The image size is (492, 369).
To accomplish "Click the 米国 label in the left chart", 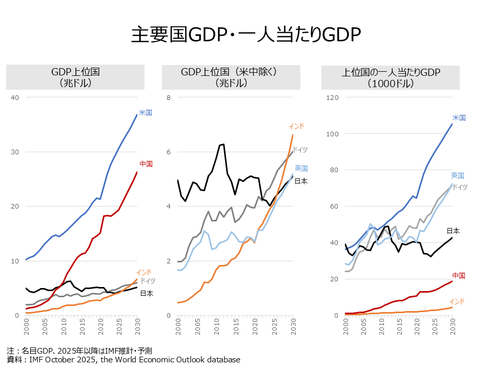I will tap(146, 112).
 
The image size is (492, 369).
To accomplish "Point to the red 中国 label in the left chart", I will tap(146, 164).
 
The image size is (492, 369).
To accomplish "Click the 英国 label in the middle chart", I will tap(301, 168).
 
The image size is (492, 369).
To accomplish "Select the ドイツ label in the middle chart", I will tap(300, 149).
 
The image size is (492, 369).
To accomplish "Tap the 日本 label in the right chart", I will tap(453, 231).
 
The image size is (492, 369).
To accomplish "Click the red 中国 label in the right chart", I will tap(458, 275).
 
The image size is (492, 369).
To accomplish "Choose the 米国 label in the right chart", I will tap(459, 117).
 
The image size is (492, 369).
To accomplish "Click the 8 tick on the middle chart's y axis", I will tap(168, 97).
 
